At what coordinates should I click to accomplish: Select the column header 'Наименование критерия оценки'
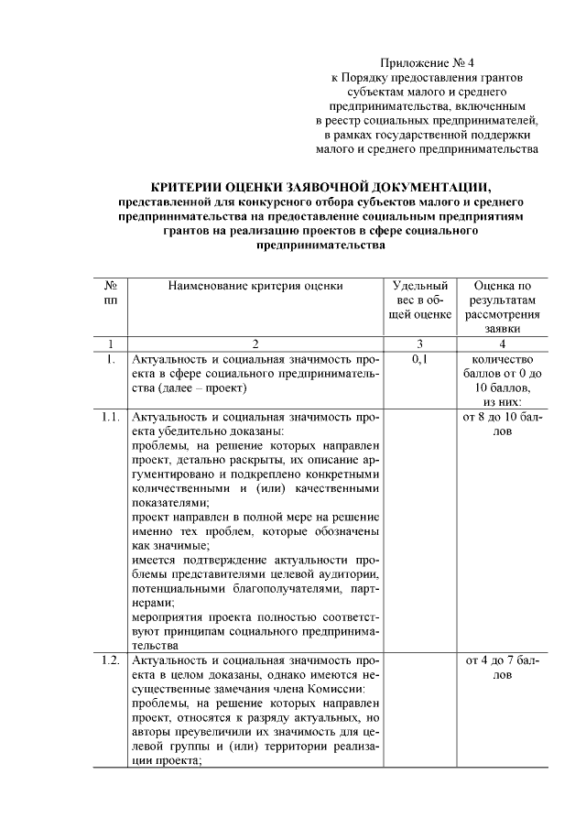pos(255,287)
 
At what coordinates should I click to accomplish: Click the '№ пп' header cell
pos(110,293)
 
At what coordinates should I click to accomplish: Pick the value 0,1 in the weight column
pos(420,360)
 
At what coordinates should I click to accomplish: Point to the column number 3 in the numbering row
pos(420,344)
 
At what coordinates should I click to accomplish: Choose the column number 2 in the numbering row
pos(255,344)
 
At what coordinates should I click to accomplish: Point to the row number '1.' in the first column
pos(110,360)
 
